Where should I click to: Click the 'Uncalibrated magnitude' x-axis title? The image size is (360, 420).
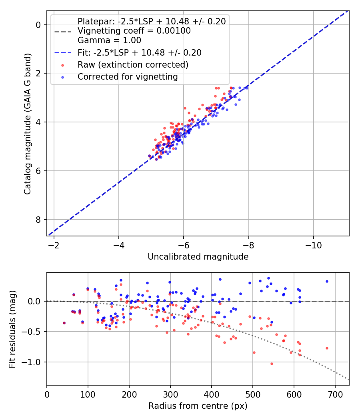pyautogui.click(x=198, y=257)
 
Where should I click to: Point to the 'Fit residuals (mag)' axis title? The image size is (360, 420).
pyautogui.click(x=13, y=328)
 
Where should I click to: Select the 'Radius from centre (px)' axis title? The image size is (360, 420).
pyautogui.click(x=198, y=406)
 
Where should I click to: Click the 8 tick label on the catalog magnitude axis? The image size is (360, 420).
pyautogui.click(x=39, y=220)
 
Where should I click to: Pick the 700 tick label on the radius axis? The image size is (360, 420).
pyautogui.click(x=335, y=394)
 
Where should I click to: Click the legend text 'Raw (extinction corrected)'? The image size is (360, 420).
pyautogui.click(x=133, y=64)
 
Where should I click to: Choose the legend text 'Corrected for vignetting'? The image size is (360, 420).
pyautogui.click(x=128, y=76)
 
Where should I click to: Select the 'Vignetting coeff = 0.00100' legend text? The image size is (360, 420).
pyautogui.click(x=134, y=31)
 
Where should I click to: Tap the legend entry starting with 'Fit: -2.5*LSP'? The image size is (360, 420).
pyautogui.click(x=139, y=52)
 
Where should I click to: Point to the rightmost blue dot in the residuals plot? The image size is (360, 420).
pyautogui.click(x=327, y=281)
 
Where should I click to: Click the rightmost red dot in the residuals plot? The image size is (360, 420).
pyautogui.click(x=327, y=348)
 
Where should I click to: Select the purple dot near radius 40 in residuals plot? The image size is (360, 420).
pyautogui.click(x=64, y=323)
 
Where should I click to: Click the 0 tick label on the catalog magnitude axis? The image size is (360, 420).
pyautogui.click(x=39, y=25)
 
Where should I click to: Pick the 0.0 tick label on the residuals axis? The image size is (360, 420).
pyautogui.click(x=36, y=301)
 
